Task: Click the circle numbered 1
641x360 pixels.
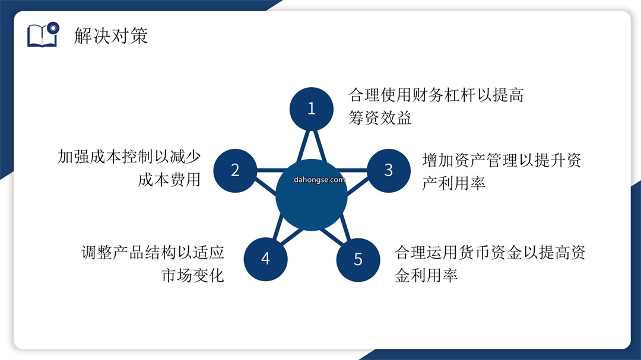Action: [x=312, y=109]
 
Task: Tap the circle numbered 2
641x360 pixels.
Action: [x=235, y=170]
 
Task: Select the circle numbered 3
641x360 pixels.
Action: [x=388, y=170]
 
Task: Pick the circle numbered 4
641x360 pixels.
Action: [x=266, y=259]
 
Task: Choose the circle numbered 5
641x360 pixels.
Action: [x=358, y=260]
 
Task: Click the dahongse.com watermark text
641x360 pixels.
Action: [x=319, y=180]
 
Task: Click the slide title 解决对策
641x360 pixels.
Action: [x=111, y=36]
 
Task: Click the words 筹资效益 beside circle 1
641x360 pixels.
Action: [x=380, y=117]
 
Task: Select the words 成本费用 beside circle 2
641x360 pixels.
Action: [x=169, y=179]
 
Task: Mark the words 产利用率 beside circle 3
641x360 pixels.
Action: [x=454, y=183]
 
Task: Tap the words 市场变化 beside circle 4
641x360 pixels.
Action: [x=192, y=275]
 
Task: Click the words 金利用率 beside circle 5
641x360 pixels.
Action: [x=426, y=275]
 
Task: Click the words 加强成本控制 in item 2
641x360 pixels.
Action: [x=105, y=157]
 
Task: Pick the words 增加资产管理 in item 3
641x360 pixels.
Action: [x=469, y=160]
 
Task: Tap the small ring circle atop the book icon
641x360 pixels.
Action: [x=53, y=28]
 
